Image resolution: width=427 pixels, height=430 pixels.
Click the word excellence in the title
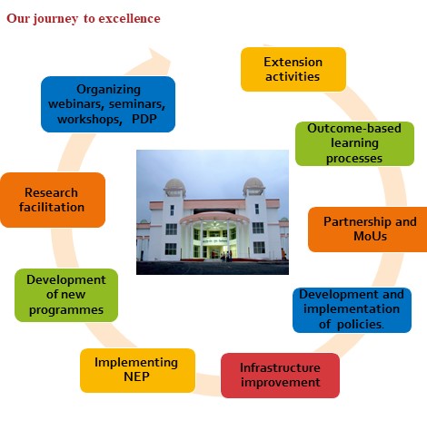[x=129, y=18]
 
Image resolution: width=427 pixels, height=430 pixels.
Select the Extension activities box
[x=293, y=69]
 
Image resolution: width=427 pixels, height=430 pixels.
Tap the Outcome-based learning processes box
[x=354, y=143]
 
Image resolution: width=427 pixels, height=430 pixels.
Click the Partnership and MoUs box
[x=368, y=230]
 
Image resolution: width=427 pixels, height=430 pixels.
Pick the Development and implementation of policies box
[x=352, y=310]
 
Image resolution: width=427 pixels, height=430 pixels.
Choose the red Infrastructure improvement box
[x=280, y=376]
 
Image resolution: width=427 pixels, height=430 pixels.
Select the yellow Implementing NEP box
[x=137, y=370]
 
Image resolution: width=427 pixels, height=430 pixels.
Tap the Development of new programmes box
[x=66, y=295]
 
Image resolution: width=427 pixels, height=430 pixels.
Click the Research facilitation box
[x=53, y=200]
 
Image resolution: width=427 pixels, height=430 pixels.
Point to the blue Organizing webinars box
[x=108, y=104]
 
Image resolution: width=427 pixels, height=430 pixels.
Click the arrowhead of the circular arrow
[x=160, y=59]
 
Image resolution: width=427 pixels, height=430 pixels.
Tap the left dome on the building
[x=174, y=184]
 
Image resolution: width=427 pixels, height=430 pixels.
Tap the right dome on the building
[x=253, y=183]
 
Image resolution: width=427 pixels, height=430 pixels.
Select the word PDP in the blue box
[x=144, y=119]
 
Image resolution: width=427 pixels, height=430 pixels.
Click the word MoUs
[x=370, y=236]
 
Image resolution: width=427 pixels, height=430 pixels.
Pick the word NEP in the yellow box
[x=136, y=376]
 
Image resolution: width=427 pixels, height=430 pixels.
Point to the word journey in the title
[x=55, y=19]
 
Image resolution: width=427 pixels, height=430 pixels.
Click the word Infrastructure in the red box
[x=280, y=367]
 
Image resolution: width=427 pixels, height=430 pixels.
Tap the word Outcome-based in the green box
[x=354, y=128]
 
